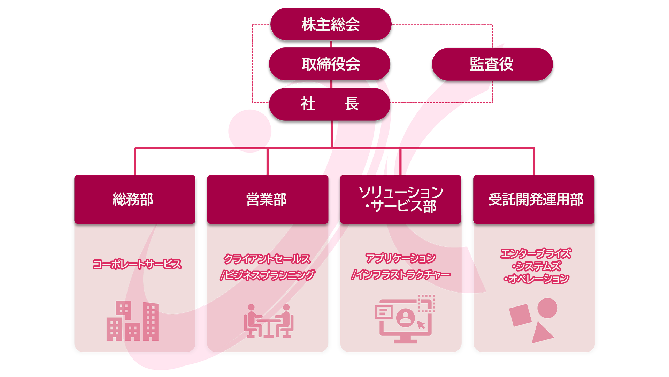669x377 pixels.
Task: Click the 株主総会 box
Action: point(331,24)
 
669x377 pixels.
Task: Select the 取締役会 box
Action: point(330,64)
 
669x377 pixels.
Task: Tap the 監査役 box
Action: point(492,64)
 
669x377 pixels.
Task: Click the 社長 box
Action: point(330,104)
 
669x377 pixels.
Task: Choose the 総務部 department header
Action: point(135,199)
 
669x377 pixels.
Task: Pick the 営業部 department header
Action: point(268,199)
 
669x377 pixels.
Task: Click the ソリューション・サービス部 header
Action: point(401,199)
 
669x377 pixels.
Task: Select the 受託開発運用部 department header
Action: point(534,199)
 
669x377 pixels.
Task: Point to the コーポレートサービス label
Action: point(137,264)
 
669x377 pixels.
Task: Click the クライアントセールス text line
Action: point(267,259)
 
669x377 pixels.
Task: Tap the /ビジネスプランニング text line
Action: point(267,275)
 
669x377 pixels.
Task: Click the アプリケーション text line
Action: point(401,258)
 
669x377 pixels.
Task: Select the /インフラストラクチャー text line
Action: point(401,275)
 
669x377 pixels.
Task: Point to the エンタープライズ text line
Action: point(536,253)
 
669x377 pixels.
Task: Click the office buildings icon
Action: point(132,320)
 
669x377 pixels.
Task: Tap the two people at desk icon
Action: point(269,321)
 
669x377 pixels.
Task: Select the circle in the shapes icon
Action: point(547,308)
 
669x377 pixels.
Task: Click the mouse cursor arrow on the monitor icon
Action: point(421,325)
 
